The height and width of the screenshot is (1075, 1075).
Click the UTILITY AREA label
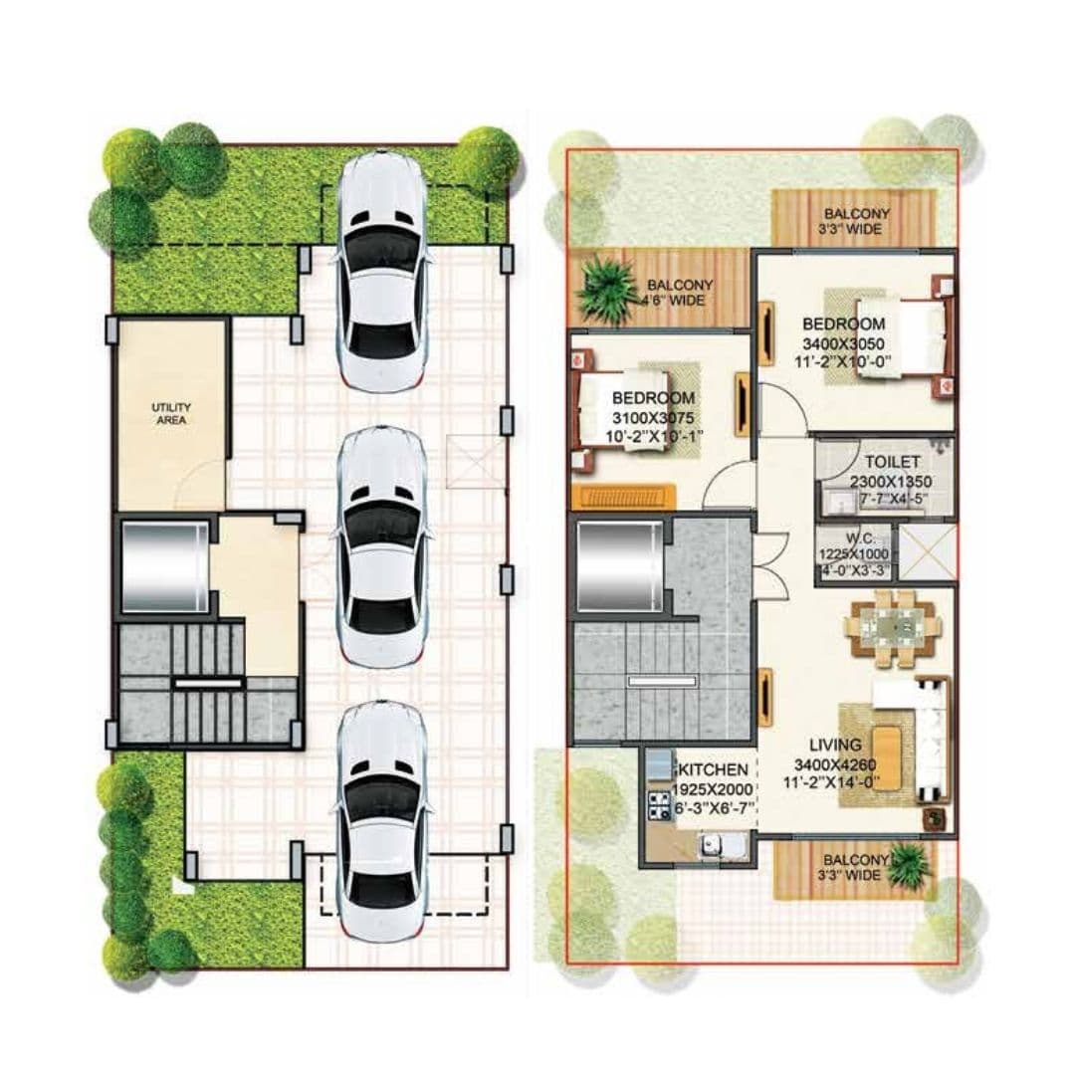171,413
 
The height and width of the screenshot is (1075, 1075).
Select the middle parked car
383,546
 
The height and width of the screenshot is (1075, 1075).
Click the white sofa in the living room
931,739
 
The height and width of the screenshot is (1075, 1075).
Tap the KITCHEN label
713,769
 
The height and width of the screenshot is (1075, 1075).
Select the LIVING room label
831,745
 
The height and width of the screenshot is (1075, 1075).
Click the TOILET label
892,463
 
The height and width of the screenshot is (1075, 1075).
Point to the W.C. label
853,538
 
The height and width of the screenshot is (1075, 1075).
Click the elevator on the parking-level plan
163,565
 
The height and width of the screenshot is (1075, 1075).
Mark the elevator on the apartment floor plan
617,564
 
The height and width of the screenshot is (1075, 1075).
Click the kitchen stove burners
659,805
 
